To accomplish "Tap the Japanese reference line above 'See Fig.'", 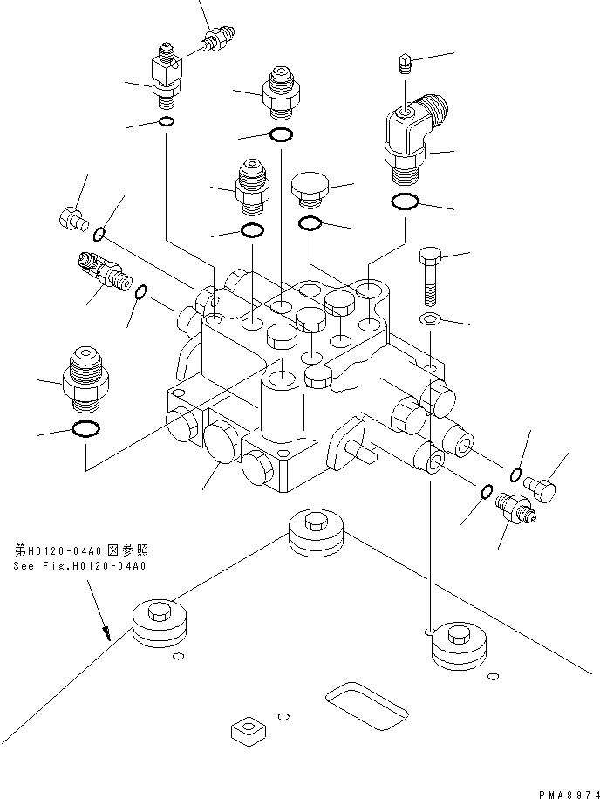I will (x=81, y=550).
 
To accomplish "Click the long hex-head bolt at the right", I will (x=429, y=275).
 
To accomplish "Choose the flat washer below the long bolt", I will (x=429, y=319).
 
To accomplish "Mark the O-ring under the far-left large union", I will (x=84, y=428).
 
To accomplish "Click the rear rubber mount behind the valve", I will (x=315, y=536).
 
